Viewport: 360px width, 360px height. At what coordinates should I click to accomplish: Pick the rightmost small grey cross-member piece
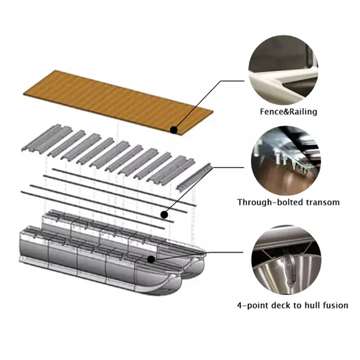coord(194,176)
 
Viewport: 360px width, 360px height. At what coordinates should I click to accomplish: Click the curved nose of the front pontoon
coord(163,283)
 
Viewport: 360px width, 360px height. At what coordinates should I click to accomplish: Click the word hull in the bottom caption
coord(312,305)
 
